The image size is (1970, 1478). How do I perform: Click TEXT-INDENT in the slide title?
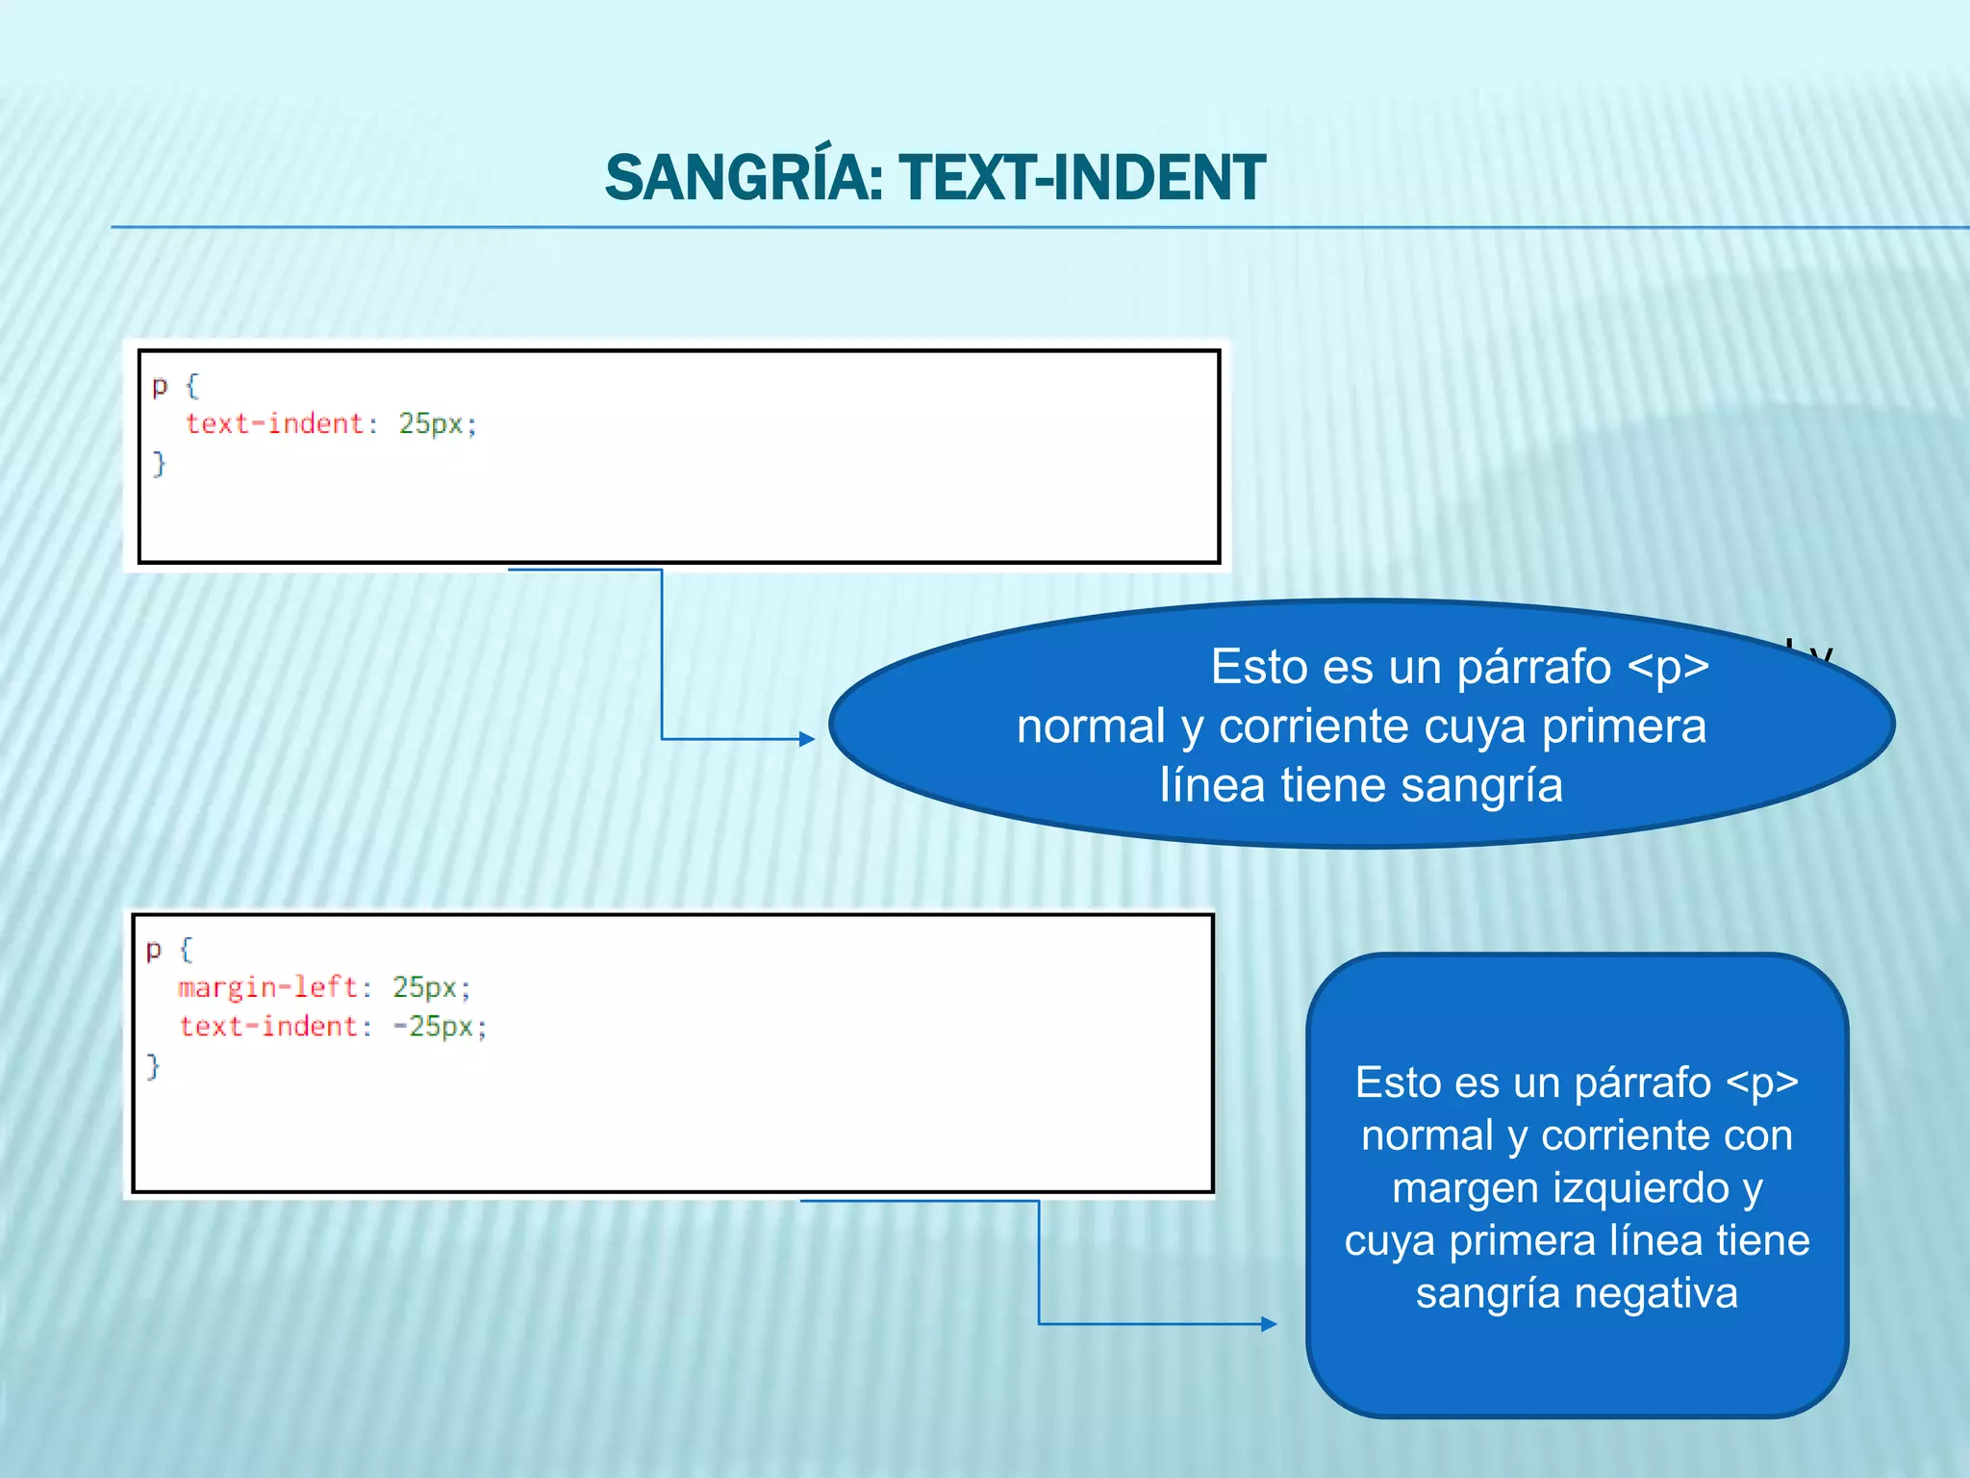[1081, 179]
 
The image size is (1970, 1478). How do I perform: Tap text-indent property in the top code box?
[275, 424]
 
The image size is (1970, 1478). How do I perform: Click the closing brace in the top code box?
[160, 464]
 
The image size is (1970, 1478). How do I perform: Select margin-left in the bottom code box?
[267, 987]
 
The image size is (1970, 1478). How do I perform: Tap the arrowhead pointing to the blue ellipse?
[807, 739]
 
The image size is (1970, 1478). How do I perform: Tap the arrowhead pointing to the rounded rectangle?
[1269, 1324]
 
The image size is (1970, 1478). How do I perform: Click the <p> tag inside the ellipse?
[1668, 667]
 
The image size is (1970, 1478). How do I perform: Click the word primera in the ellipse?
[1624, 726]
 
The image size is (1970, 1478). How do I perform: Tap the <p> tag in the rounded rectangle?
[1761, 1083]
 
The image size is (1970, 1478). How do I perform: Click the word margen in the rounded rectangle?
[1453, 1188]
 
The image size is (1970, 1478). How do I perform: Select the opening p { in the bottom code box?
[169, 951]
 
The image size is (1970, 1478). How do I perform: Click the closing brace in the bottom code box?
[153, 1066]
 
